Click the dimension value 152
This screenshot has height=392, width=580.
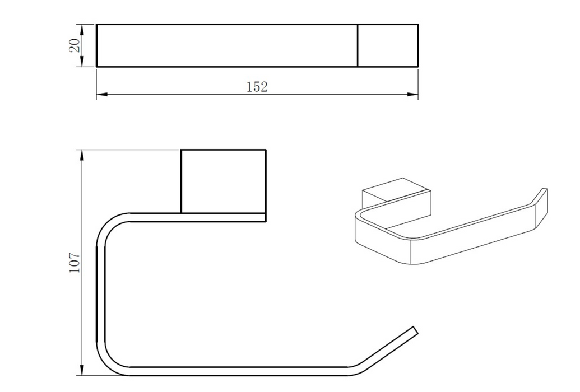(257, 87)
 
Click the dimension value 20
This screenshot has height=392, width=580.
(75, 45)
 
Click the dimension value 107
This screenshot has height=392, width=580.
(75, 263)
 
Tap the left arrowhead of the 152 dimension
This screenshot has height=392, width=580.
(102, 95)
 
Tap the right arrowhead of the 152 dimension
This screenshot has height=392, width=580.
(412, 95)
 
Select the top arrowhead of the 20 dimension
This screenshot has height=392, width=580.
(82, 30)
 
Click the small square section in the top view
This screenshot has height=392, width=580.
(388, 45)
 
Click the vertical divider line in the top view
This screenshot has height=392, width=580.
(358, 45)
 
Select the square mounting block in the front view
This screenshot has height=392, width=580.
(224, 181)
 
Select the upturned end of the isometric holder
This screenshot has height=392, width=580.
(541, 207)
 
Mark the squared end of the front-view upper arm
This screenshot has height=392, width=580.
(265, 217)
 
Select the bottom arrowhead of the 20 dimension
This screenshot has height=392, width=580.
(82, 62)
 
